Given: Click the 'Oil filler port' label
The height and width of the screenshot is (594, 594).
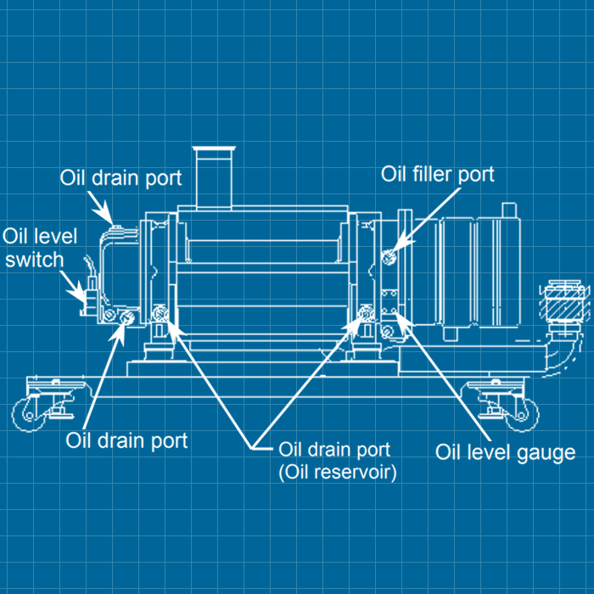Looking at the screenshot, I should tap(437, 175).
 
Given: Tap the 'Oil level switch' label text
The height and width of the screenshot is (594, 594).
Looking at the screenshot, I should tap(34, 247).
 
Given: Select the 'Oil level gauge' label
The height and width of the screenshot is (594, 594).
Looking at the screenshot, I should tap(505, 451).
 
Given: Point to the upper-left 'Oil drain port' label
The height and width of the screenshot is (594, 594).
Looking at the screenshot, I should tap(120, 178).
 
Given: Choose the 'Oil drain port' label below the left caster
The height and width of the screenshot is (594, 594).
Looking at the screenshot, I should tap(126, 440).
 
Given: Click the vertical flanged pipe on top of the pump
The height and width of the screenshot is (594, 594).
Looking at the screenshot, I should tap(213, 178).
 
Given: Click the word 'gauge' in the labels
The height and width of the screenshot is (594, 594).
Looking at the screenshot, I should tap(545, 452).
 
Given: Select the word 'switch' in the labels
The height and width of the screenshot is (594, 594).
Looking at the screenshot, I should tap(35, 258).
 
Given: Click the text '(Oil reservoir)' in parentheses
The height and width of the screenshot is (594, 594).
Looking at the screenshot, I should tap(337, 473).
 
